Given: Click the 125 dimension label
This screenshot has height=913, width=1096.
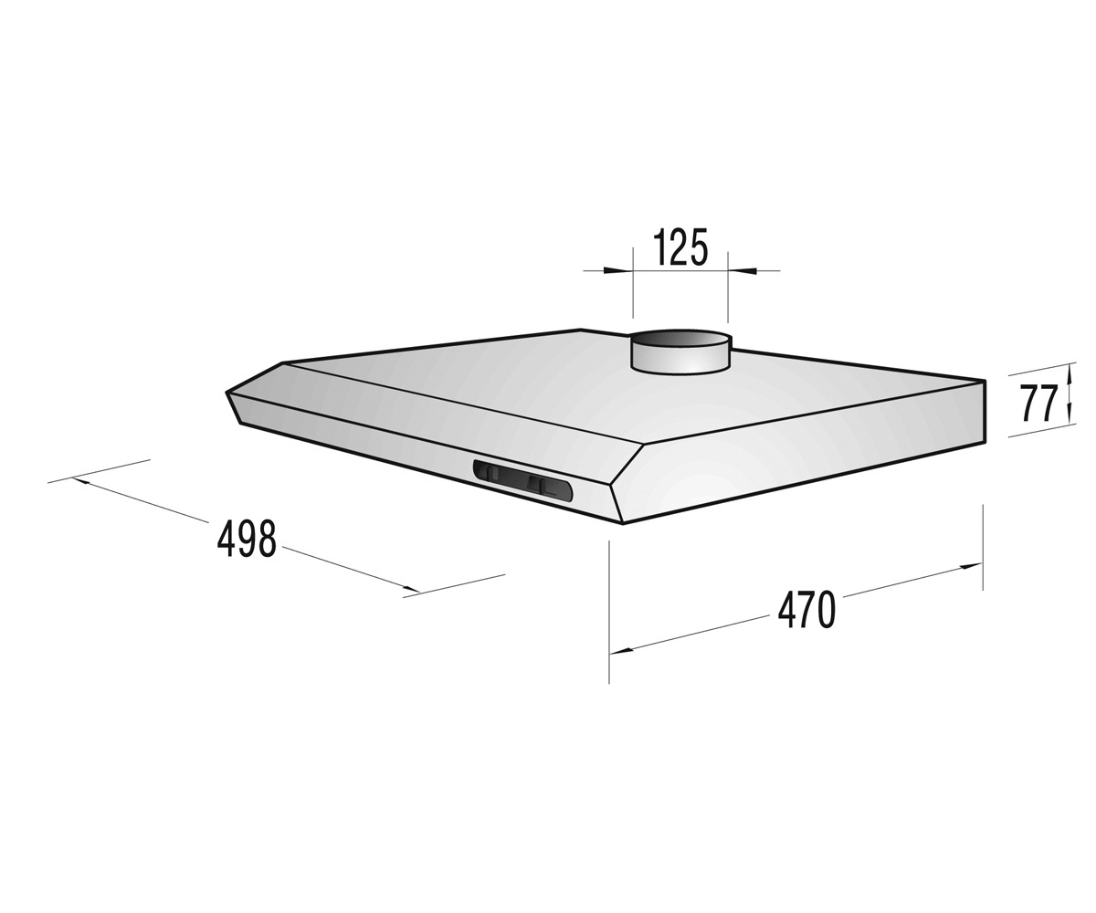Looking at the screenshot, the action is pos(680,247).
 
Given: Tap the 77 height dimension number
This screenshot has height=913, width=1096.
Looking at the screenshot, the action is pos(1037,404).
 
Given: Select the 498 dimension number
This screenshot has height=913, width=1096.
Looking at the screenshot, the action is pos(247,540).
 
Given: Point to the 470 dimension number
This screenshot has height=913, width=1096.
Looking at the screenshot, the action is pos(806,610).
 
